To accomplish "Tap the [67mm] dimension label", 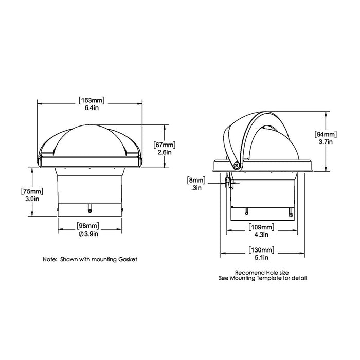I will point(165,145).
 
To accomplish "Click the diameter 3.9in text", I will point(90,233).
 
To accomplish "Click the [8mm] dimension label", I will point(196,181).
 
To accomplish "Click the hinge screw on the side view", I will point(237,165).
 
